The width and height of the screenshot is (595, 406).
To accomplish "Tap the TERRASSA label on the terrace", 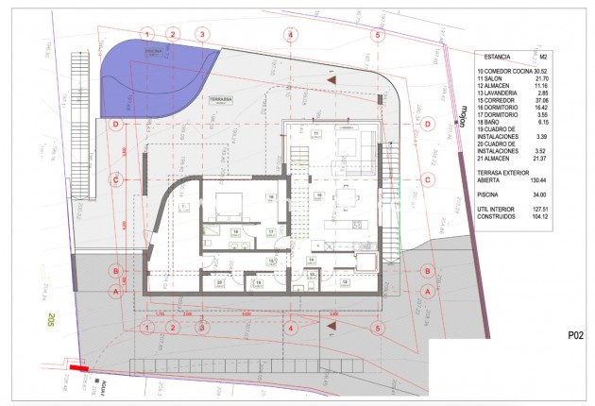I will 246,97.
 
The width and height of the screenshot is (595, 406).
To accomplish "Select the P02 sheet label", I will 577,334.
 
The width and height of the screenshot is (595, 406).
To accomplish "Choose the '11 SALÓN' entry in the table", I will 497,78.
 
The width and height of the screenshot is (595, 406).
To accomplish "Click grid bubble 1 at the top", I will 147,34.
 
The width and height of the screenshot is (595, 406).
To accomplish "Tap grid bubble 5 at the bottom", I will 378,328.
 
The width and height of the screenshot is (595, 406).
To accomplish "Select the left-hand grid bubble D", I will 115,124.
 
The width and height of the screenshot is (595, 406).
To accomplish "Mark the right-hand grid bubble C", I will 428,178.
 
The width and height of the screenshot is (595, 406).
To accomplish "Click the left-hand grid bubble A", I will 115,291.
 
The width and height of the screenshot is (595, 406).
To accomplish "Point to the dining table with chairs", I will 347,199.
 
